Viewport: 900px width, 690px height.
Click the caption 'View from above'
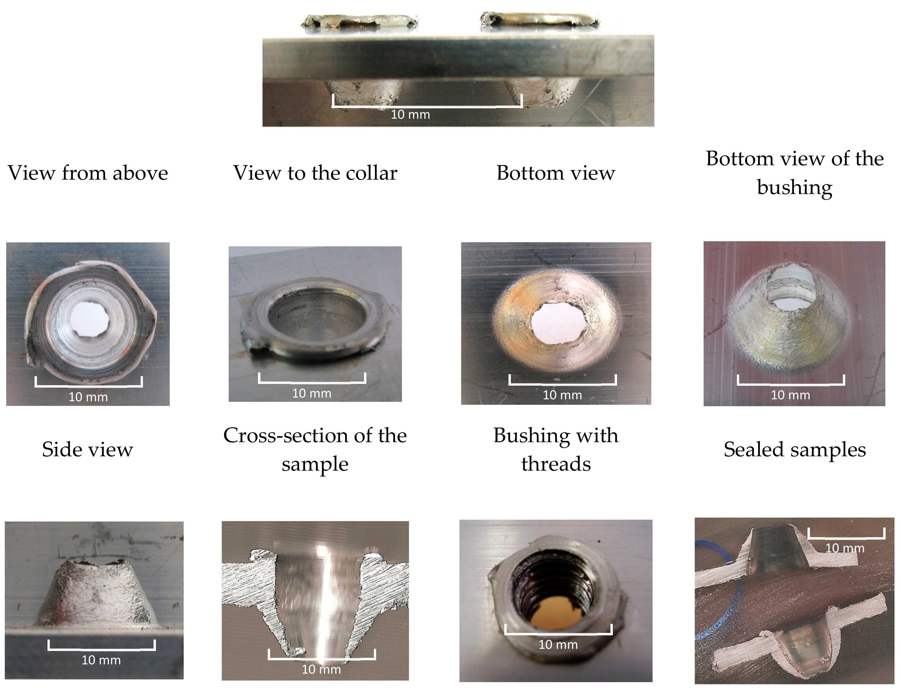point(88,173)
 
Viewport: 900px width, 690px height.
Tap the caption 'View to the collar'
point(315,173)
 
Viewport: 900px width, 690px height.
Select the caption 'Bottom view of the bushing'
point(795,173)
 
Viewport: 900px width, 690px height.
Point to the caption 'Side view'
point(87,449)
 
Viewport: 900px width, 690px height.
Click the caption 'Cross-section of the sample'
point(315,449)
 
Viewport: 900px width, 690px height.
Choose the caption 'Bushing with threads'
point(556,449)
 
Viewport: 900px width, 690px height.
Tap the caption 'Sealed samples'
point(795,449)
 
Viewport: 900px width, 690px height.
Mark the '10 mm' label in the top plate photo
point(410,114)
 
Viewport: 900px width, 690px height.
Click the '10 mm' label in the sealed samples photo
point(844,548)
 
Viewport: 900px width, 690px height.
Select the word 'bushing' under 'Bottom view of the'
point(795,188)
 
